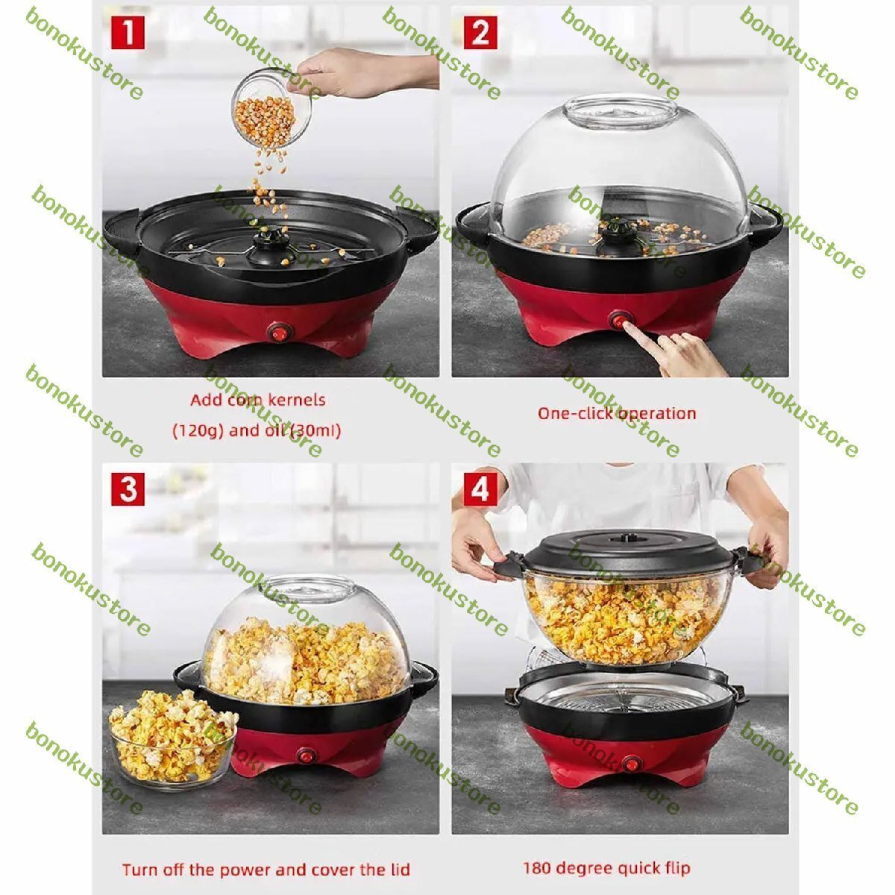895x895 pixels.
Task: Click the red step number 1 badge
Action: (x=128, y=33)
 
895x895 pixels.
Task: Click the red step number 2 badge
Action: (x=480, y=33)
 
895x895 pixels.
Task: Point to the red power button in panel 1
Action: (x=277, y=334)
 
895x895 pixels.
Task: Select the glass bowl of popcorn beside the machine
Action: (x=172, y=739)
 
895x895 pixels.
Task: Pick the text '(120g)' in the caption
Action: (x=198, y=430)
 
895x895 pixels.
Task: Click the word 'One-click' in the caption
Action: (x=574, y=413)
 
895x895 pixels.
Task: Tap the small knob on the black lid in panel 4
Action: (x=622, y=538)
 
